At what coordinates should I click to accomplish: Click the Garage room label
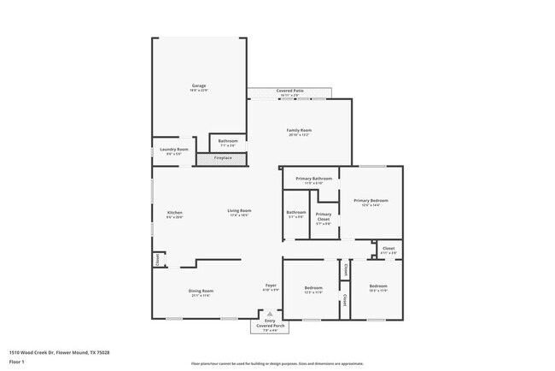[x=199, y=87]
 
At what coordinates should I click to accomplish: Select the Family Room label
[x=298, y=132]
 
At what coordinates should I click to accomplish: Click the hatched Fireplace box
[x=223, y=158]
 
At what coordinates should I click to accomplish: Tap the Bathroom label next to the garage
[x=228, y=143]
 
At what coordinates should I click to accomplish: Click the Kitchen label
[x=174, y=214]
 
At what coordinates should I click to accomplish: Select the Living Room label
[x=239, y=212]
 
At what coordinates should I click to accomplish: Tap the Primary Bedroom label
[x=371, y=202]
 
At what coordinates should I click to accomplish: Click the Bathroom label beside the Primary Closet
[x=296, y=214]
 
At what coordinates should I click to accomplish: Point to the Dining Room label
[x=202, y=291]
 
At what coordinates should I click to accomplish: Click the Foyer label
[x=271, y=287]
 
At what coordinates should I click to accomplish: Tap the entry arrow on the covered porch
[x=271, y=314]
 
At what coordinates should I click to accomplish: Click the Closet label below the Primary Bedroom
[x=388, y=250]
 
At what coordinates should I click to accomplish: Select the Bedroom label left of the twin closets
[x=313, y=289]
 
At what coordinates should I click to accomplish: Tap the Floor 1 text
[x=16, y=362]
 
